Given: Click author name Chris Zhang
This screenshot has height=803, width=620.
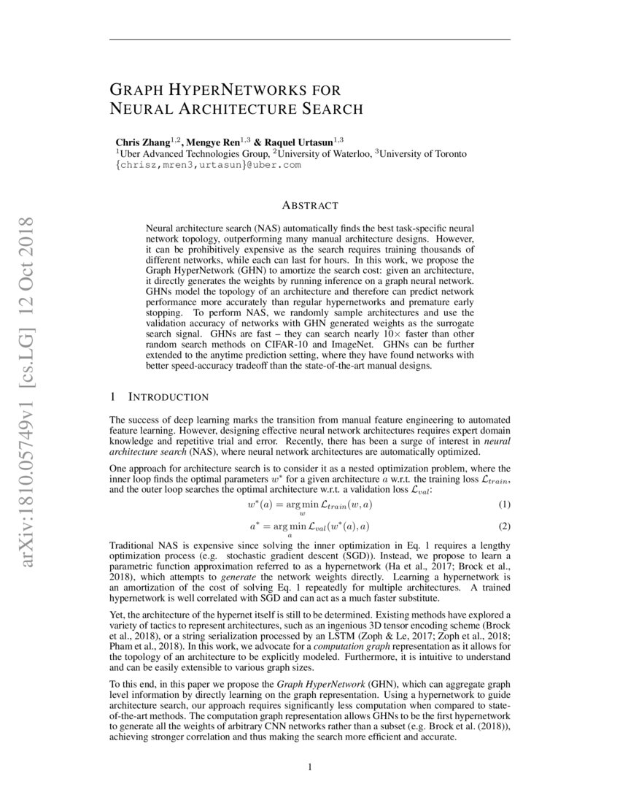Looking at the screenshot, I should [x=142, y=142].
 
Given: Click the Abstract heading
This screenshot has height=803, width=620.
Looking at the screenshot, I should [x=310, y=206].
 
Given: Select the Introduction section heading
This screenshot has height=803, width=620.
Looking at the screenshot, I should [x=168, y=397].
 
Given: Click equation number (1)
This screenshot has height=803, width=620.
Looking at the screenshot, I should [x=504, y=504].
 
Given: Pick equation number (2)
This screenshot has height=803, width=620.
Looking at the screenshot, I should [x=504, y=526].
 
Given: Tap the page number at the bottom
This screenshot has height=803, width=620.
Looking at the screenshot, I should [x=310, y=766].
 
